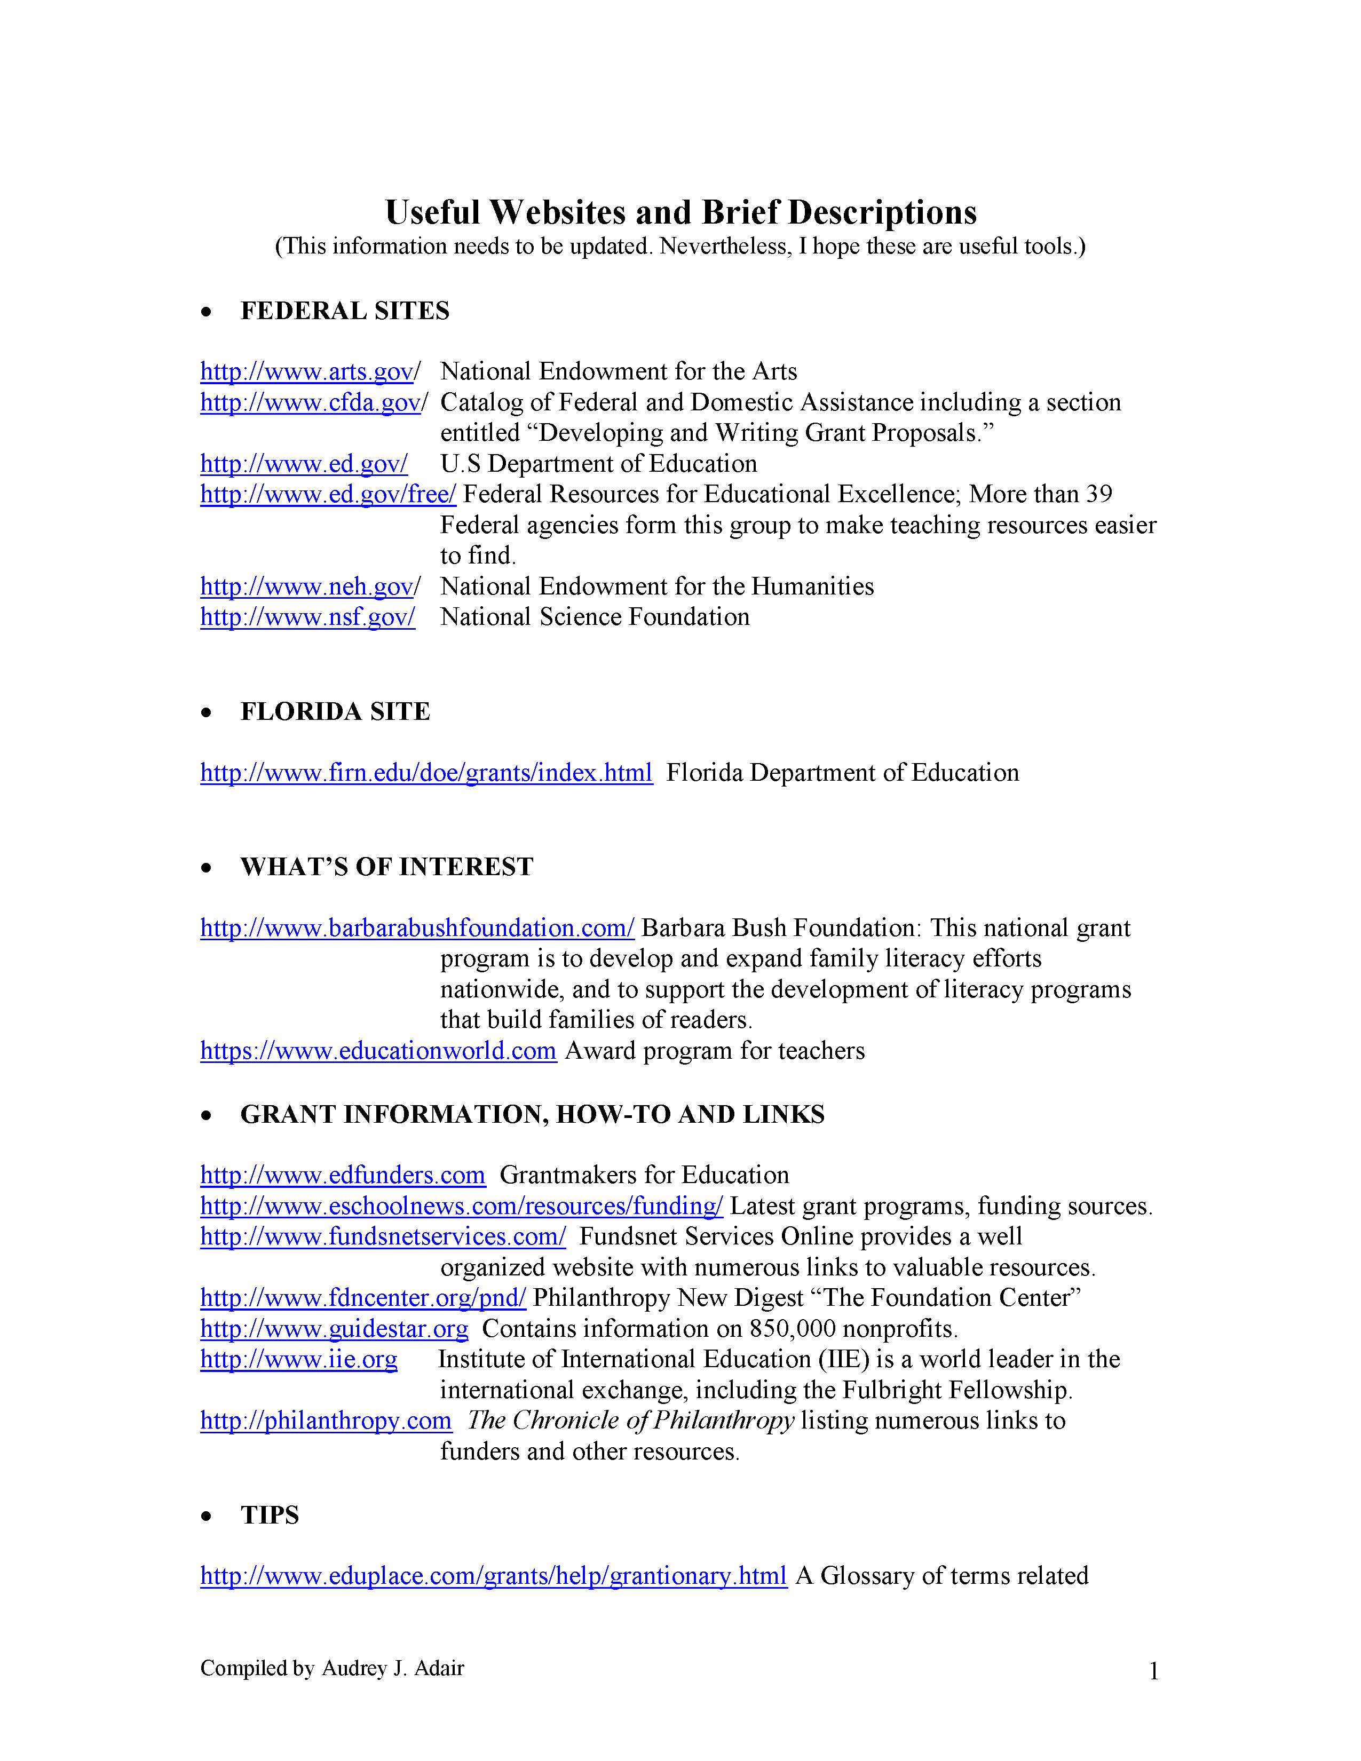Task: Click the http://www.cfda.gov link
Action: (x=311, y=402)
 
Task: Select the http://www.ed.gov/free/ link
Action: (x=328, y=494)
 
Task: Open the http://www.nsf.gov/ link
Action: (x=307, y=617)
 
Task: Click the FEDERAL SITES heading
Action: (x=345, y=311)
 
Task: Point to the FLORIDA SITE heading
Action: (x=335, y=712)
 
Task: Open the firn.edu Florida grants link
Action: (x=426, y=773)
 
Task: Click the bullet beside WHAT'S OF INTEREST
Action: (x=207, y=868)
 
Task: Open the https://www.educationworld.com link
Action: (x=378, y=1051)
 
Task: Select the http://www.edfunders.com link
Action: (x=343, y=1176)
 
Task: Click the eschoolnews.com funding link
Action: (x=461, y=1206)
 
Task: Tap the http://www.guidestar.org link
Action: (x=334, y=1329)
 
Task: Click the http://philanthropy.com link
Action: (x=326, y=1421)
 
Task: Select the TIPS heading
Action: (x=270, y=1516)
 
